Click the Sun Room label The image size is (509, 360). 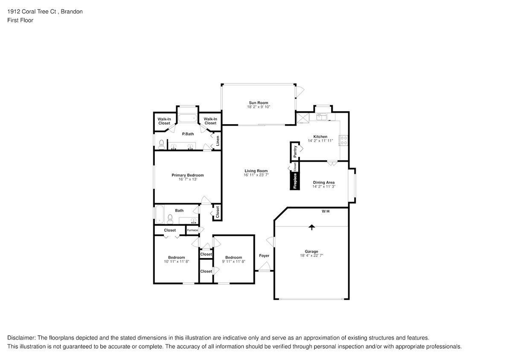[259, 102]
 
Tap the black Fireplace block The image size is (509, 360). [295, 180]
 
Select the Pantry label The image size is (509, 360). [295, 151]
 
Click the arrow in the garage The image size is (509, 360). [311, 227]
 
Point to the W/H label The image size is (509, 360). [325, 211]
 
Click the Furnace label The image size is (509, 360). [192, 230]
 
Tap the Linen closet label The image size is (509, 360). [218, 141]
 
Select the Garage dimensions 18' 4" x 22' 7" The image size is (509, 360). [311, 255]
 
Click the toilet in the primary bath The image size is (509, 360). [162, 144]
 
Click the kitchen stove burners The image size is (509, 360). [343, 140]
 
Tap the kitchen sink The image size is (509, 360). [321, 117]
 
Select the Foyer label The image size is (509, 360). [264, 255]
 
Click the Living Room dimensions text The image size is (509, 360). [256, 175]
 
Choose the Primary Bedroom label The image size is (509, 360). [188, 175]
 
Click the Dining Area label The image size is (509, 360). [324, 183]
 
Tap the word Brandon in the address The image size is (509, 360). [72, 12]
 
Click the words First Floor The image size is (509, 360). [20, 20]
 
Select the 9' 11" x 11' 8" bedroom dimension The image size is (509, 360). [233, 261]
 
